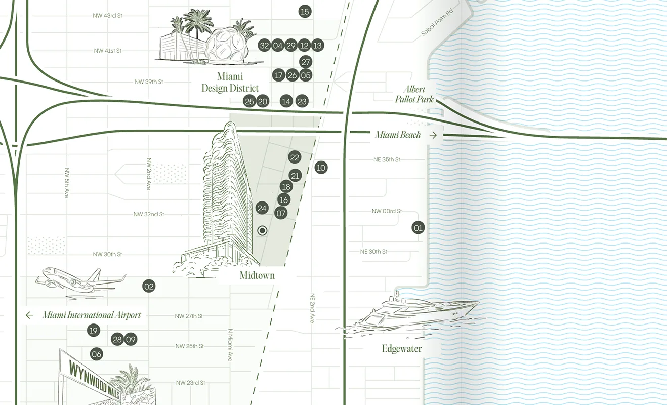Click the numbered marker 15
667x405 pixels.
305,11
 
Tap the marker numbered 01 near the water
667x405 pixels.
418,228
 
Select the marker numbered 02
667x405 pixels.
149,287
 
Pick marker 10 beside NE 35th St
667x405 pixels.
321,168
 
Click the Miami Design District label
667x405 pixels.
230,82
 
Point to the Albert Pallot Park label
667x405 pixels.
414,94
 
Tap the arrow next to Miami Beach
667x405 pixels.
433,135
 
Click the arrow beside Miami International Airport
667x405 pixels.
29,315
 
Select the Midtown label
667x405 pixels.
257,276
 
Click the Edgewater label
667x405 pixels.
402,349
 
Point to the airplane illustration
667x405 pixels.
81,279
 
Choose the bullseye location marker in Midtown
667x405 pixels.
262,231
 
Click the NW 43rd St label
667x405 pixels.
108,16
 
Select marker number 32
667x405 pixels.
264,46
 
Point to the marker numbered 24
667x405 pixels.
262,208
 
